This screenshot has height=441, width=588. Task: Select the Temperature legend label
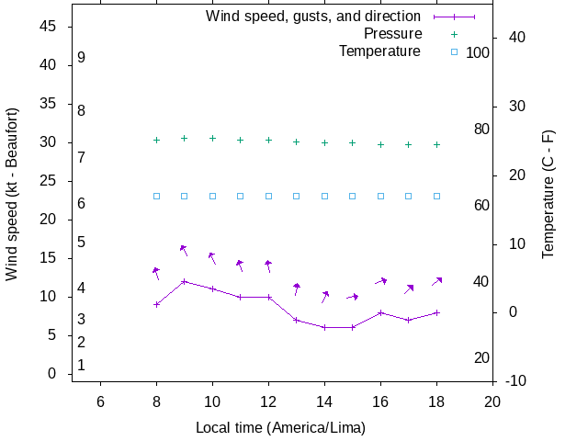coord(379,51)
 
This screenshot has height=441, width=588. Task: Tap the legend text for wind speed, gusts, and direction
coord(313,17)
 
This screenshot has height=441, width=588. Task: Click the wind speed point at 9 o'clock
coord(185,281)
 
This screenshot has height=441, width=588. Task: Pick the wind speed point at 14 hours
coord(324,327)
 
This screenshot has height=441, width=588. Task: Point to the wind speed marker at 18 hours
coord(436,312)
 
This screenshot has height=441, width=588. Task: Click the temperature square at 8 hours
coord(156,196)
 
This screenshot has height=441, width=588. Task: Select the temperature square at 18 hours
coord(436,196)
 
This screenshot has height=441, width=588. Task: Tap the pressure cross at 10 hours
coord(212,138)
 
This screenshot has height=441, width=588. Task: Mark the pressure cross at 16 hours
coord(380,144)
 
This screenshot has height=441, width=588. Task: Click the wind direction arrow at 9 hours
coord(184,250)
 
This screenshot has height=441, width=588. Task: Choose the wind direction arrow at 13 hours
coord(297,288)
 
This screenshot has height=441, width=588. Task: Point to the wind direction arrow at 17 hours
coord(409,288)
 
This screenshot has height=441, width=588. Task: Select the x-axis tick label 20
coord(492,401)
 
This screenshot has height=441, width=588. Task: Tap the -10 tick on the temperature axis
coord(515,380)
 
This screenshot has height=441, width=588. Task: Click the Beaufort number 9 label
coord(82,57)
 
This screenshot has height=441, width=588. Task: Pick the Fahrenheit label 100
coord(478,52)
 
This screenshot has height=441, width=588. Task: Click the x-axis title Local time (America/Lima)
coord(280,428)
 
